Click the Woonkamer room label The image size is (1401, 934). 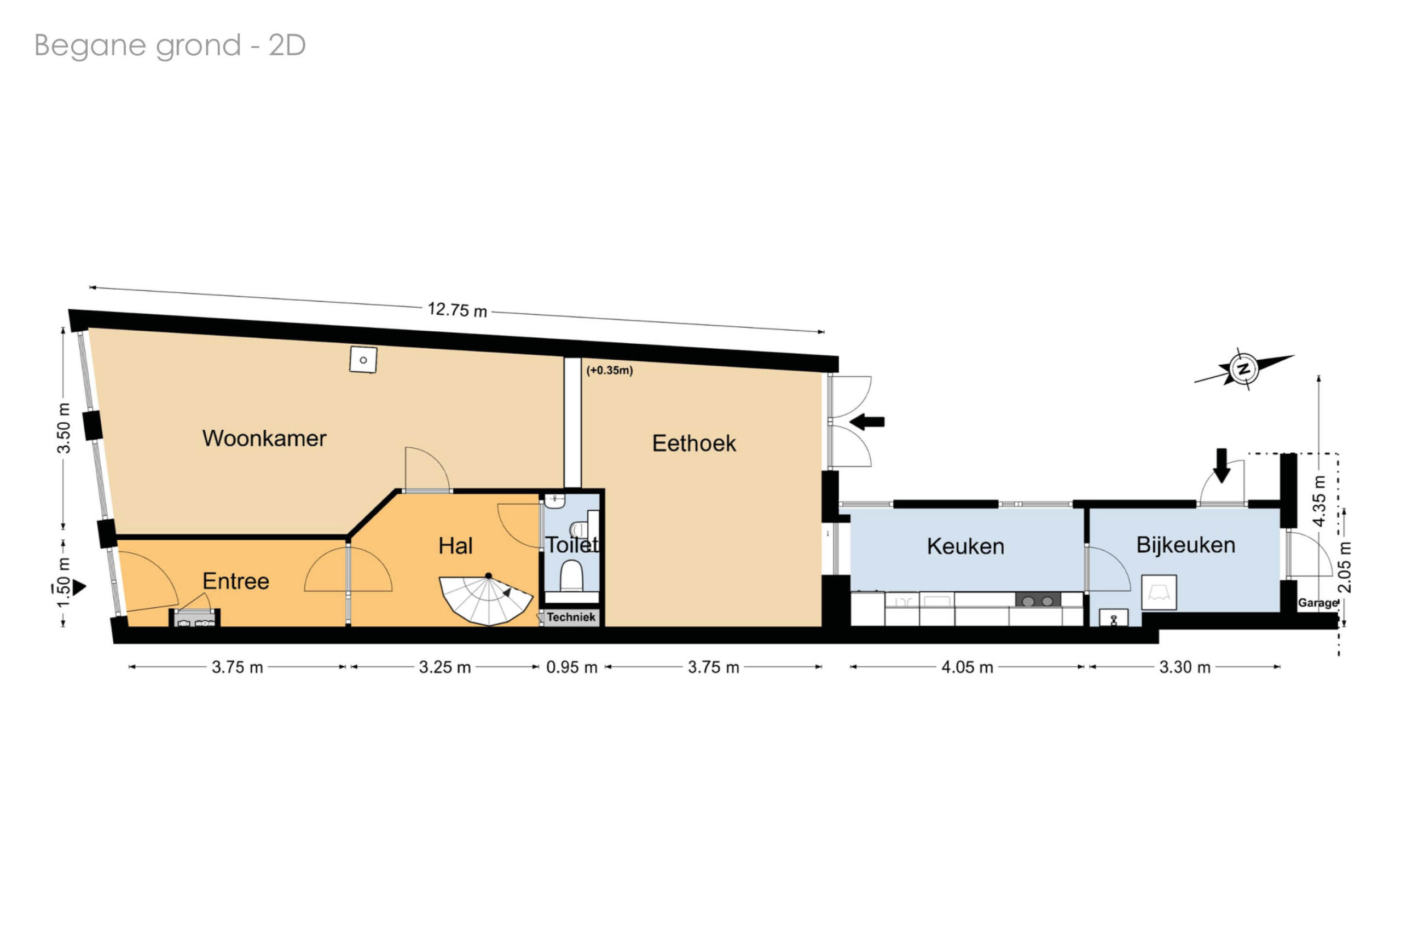[264, 439]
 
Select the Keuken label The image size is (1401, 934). [965, 546]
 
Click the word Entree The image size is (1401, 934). [236, 581]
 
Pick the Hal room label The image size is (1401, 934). [455, 546]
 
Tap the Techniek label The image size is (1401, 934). [571, 617]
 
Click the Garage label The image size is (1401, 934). [1318, 603]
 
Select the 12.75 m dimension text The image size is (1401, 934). [458, 310]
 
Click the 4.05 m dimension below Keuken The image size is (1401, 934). [967, 668]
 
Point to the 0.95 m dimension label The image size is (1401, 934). [571, 668]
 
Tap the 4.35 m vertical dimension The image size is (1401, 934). [1319, 501]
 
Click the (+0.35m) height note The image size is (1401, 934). [609, 370]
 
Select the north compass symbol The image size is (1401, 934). [1244, 368]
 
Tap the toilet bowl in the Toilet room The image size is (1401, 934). [571, 575]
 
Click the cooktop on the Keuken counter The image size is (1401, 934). [1037, 601]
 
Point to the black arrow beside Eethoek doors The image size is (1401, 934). [866, 422]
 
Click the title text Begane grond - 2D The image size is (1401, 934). [170, 45]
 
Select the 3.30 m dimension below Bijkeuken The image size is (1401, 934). [1184, 668]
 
